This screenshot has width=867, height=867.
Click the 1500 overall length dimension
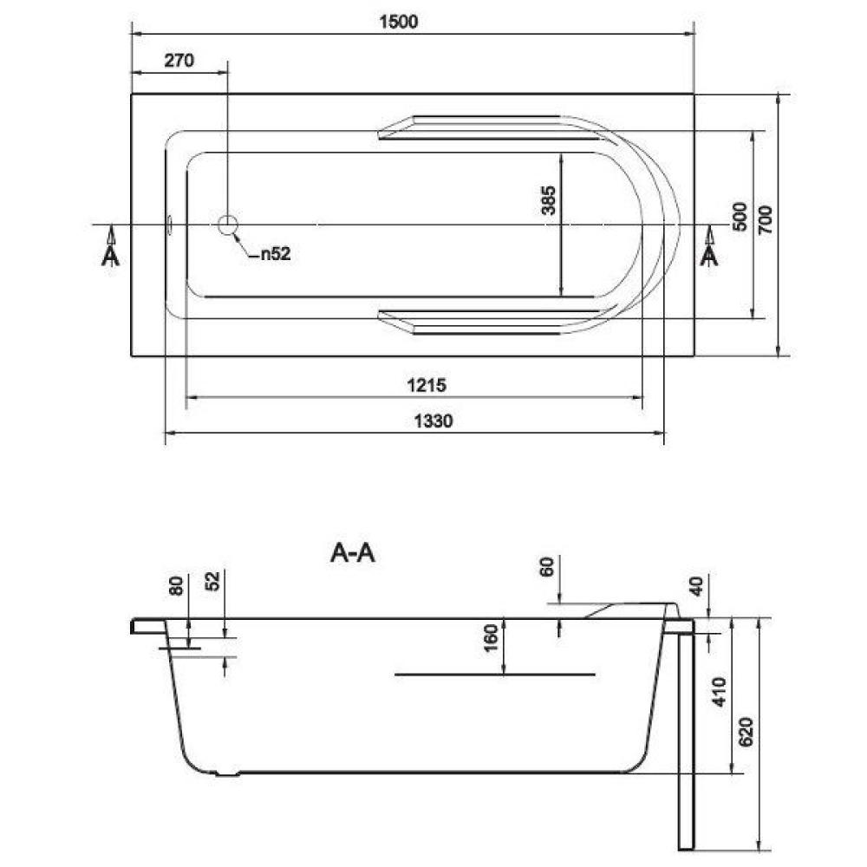point(399,22)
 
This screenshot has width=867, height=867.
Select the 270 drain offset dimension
point(179,60)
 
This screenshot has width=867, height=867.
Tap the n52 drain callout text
point(276,254)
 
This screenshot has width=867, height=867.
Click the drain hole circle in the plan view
point(228,225)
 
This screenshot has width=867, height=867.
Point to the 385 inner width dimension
point(549,200)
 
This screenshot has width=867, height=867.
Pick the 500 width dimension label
point(740,216)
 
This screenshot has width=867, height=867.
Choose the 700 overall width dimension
point(765,219)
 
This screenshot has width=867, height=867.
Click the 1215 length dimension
point(427,385)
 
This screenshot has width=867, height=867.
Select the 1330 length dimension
point(433,420)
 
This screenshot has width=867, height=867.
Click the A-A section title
point(353,552)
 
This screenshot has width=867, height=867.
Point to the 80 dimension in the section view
point(176,585)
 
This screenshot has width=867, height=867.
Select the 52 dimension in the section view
point(212,581)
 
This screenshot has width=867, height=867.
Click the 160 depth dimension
point(491,637)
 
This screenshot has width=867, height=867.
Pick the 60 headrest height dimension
point(546,567)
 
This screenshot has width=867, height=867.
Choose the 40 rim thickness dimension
point(697,585)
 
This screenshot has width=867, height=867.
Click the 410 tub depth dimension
point(719,691)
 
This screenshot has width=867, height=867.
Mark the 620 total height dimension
point(746,732)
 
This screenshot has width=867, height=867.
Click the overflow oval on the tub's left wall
point(170,225)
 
